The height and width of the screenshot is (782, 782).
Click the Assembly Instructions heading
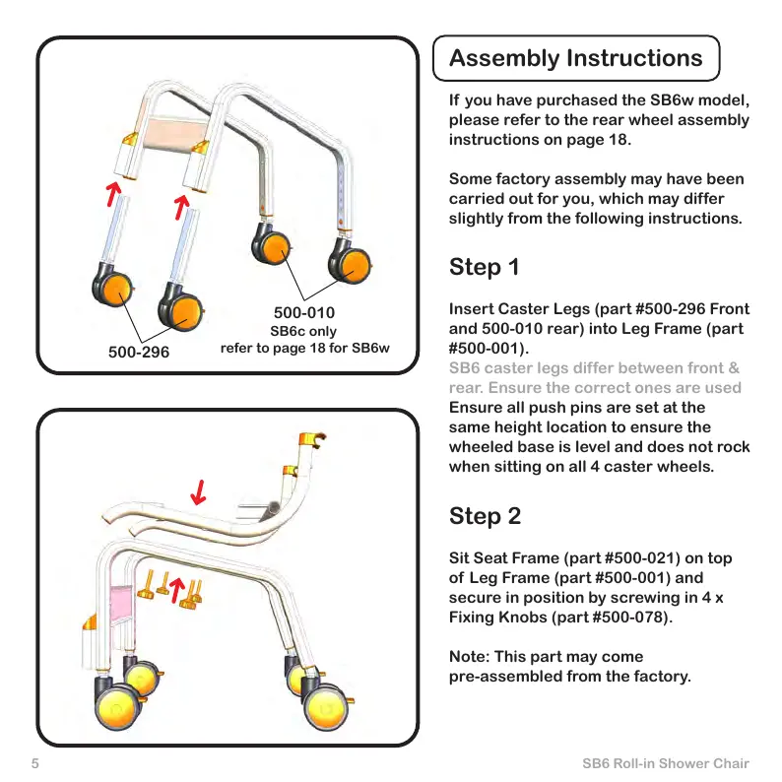click(x=576, y=59)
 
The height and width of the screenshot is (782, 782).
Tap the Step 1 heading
click(x=485, y=267)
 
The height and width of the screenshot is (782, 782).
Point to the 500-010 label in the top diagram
click(x=303, y=313)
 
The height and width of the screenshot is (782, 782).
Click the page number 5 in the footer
click(x=34, y=763)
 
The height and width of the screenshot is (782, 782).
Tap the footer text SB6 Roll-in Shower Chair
click(x=666, y=763)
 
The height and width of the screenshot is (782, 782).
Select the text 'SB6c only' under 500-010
click(x=303, y=331)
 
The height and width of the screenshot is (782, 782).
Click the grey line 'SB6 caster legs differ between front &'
click(x=594, y=368)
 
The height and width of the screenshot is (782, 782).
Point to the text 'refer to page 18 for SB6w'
click(x=305, y=348)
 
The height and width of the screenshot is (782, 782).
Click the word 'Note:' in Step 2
click(x=472, y=656)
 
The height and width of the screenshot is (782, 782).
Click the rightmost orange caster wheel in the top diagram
click(x=351, y=263)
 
